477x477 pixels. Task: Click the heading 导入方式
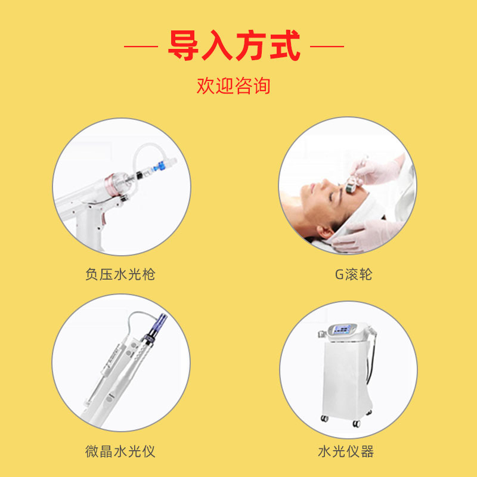234,46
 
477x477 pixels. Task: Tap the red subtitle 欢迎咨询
234,85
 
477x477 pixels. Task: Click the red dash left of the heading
141,46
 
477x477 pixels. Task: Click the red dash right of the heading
327,46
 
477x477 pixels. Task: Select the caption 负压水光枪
120,274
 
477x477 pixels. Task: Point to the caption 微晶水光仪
120,450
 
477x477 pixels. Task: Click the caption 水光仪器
346,450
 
